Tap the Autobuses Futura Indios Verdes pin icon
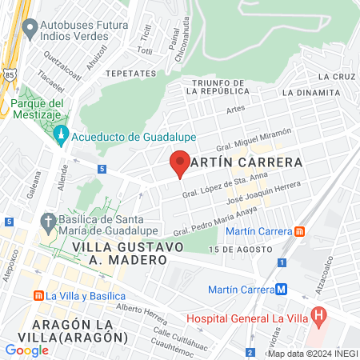click(30, 30)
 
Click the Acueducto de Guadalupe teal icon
click(62, 137)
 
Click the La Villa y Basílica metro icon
click(37, 295)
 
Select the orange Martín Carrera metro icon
click(299, 231)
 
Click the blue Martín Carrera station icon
click(281, 290)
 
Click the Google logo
click(26, 350)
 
